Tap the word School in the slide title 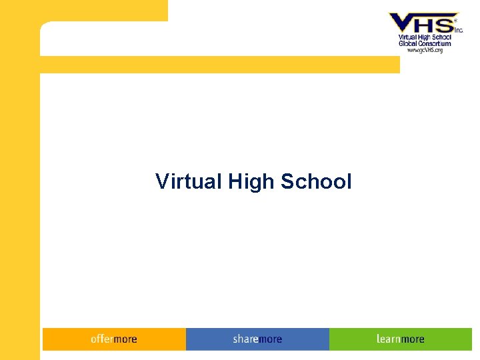coord(316,181)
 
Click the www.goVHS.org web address coord(425,50)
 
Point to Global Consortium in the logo coord(425,44)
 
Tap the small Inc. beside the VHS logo coord(459,30)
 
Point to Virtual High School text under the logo coord(425,38)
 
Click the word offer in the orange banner coord(102,339)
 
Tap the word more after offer coord(125,339)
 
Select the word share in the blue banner coord(245,339)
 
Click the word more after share coord(270,339)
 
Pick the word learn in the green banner coord(388,339)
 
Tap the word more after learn coord(413,339)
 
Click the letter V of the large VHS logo coord(403,23)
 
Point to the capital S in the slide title coord(287,181)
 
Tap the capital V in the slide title coord(162,181)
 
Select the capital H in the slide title coord(235,181)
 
